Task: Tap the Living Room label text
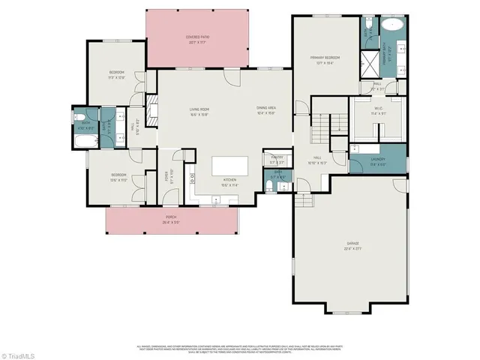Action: click(x=199, y=112)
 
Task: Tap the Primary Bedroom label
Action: click(x=325, y=59)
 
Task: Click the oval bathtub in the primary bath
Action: click(x=392, y=25)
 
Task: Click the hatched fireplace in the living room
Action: click(x=151, y=111)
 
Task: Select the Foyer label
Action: click(x=166, y=177)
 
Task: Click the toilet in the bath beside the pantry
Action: click(x=269, y=184)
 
